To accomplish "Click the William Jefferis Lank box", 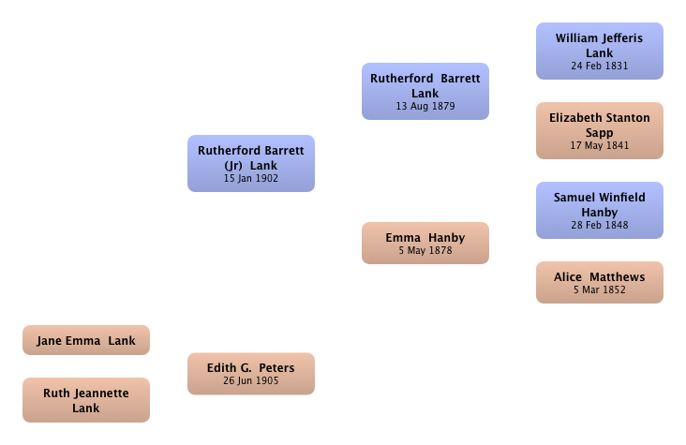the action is tap(600, 52).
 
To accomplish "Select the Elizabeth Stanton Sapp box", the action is tap(600, 131).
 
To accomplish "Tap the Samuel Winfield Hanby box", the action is tap(600, 211).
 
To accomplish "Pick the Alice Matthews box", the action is tap(600, 282).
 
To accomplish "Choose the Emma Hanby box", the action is tap(425, 243).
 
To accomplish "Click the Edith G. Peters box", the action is tap(251, 374).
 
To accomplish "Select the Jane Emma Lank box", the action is tap(86, 340).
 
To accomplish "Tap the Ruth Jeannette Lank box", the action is tap(86, 400).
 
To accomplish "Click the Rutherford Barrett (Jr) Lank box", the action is tap(251, 163).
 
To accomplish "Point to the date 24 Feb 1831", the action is tap(600, 67).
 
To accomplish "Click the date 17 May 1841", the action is tap(600, 146).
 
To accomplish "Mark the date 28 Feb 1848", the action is tap(600, 226).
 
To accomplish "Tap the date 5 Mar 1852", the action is tap(600, 290).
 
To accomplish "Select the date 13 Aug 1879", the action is tap(425, 106).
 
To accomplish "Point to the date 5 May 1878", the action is tap(425, 251).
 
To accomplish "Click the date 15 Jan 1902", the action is tap(251, 179).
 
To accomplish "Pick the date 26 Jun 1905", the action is tap(251, 380).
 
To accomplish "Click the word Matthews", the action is tap(618, 277).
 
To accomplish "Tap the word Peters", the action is tap(277, 368).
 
